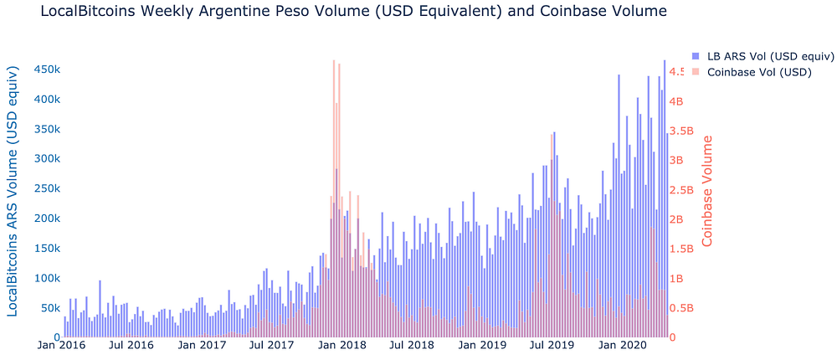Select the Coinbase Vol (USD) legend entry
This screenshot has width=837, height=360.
pyautogui.click(x=759, y=72)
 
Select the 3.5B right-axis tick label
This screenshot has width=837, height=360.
pyautogui.click(x=687, y=131)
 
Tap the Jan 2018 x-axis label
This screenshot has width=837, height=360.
pyautogui.click(x=342, y=344)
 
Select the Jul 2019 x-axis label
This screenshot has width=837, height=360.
pyautogui.click(x=552, y=344)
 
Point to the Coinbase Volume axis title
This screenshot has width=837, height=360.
pyautogui.click(x=708, y=191)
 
